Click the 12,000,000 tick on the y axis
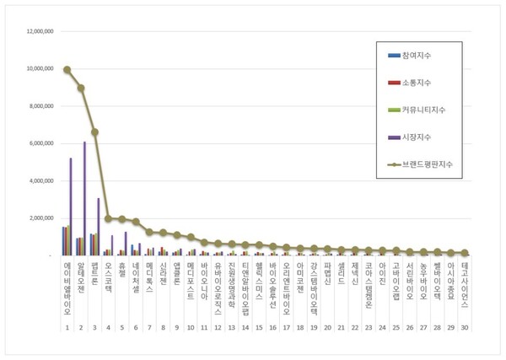tap(39, 32)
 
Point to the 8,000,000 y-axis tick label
tap(40, 106)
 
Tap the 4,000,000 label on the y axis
tap(40, 180)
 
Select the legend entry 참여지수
tap(423, 56)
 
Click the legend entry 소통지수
tap(423, 83)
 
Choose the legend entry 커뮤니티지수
tap(430, 110)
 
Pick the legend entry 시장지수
tap(423, 137)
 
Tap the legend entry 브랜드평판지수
tap(432, 164)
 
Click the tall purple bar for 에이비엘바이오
tap(70, 206)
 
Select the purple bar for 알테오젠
tap(84, 198)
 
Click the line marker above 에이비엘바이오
tap(67, 70)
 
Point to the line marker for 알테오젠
tap(81, 88)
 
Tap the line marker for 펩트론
tap(94, 132)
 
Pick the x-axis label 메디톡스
tap(149, 271)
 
